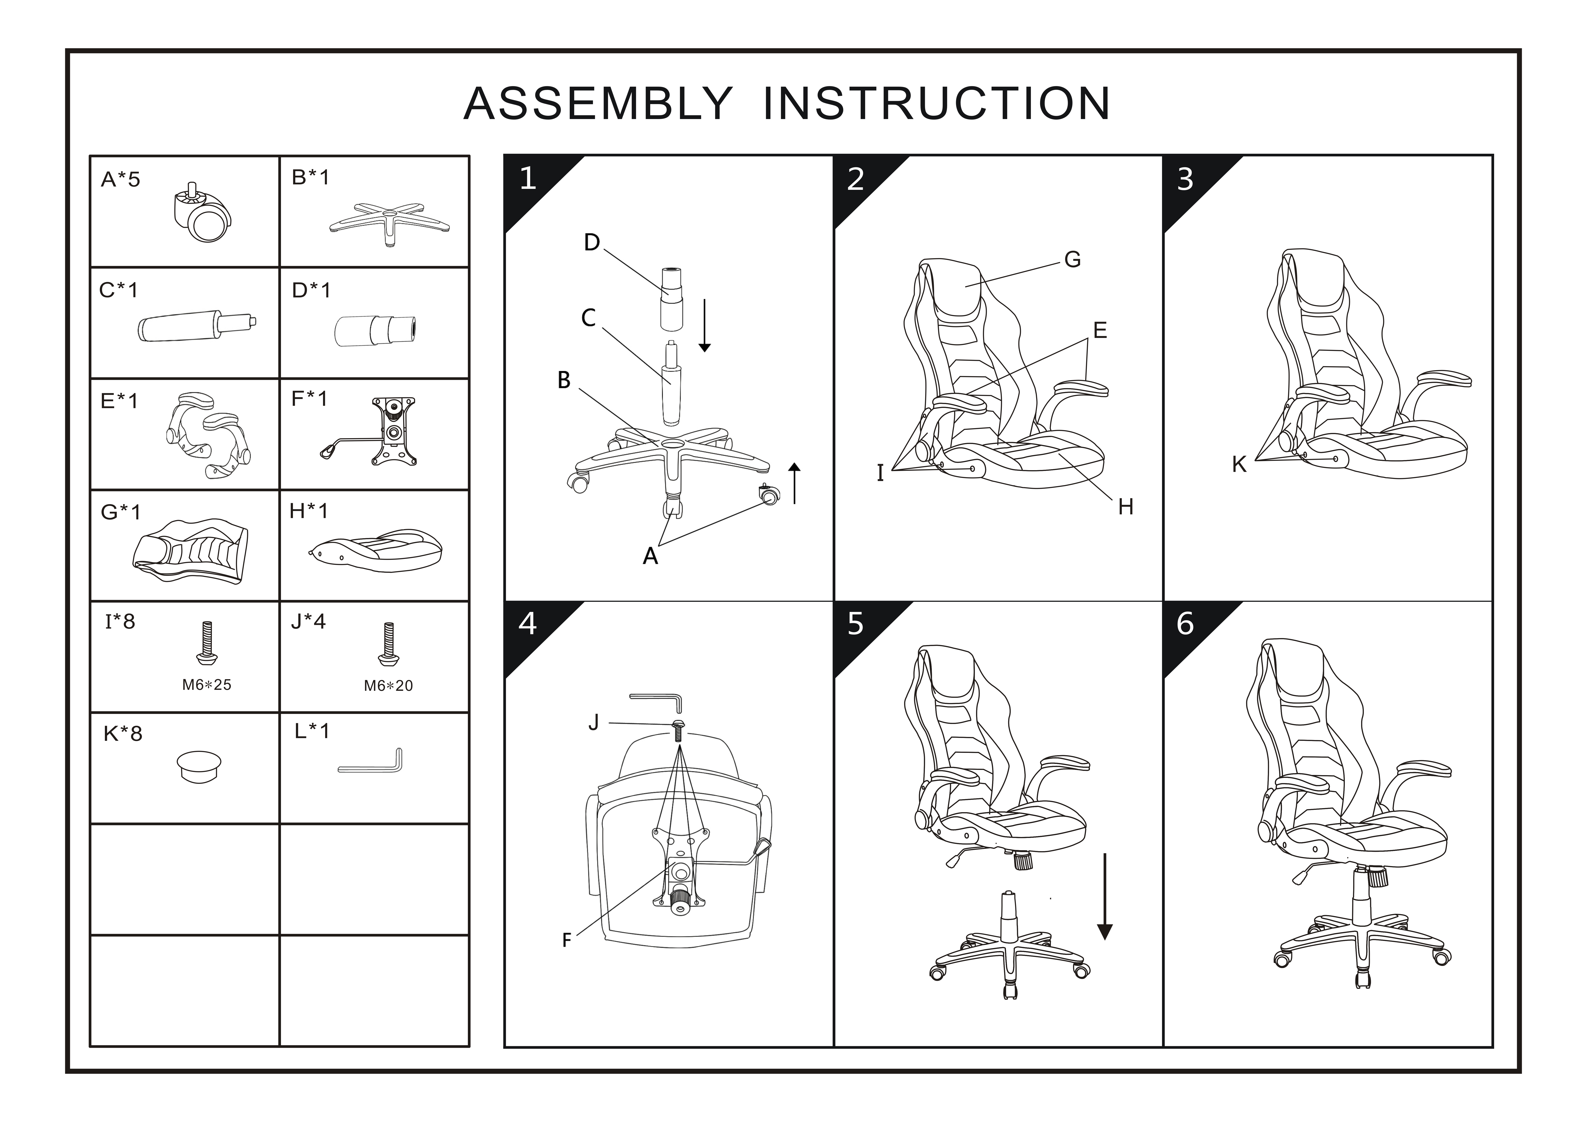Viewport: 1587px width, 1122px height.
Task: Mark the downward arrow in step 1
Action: coord(704,325)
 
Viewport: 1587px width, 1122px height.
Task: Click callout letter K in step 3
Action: coord(1239,465)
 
